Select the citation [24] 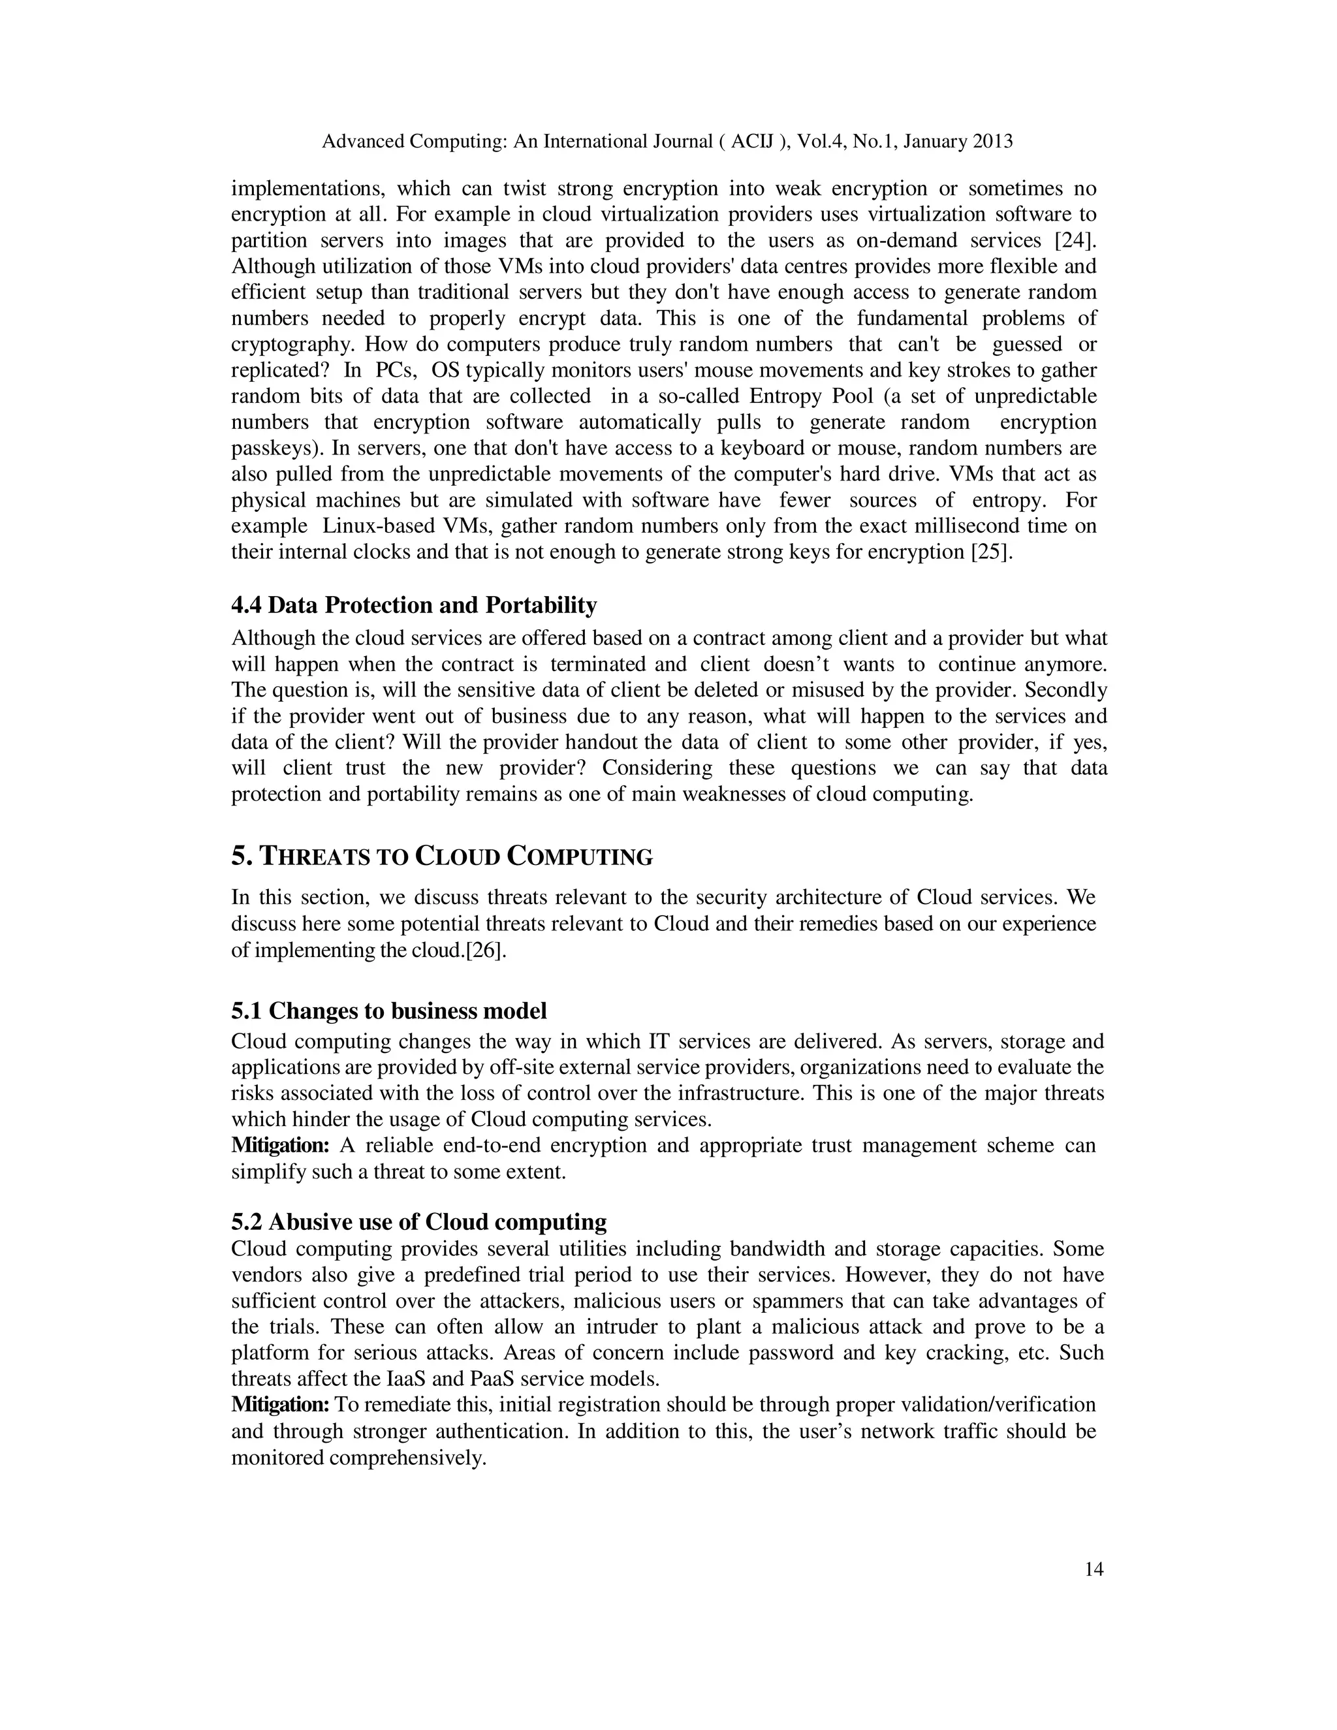click(1076, 240)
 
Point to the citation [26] click(484, 950)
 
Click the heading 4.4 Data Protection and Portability click(413, 605)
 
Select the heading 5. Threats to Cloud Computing click(442, 857)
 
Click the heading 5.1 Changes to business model click(389, 1011)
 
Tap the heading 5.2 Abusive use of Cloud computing click(419, 1221)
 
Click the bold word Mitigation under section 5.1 click(279, 1146)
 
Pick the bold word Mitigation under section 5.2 click(279, 1404)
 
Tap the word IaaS click(405, 1378)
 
